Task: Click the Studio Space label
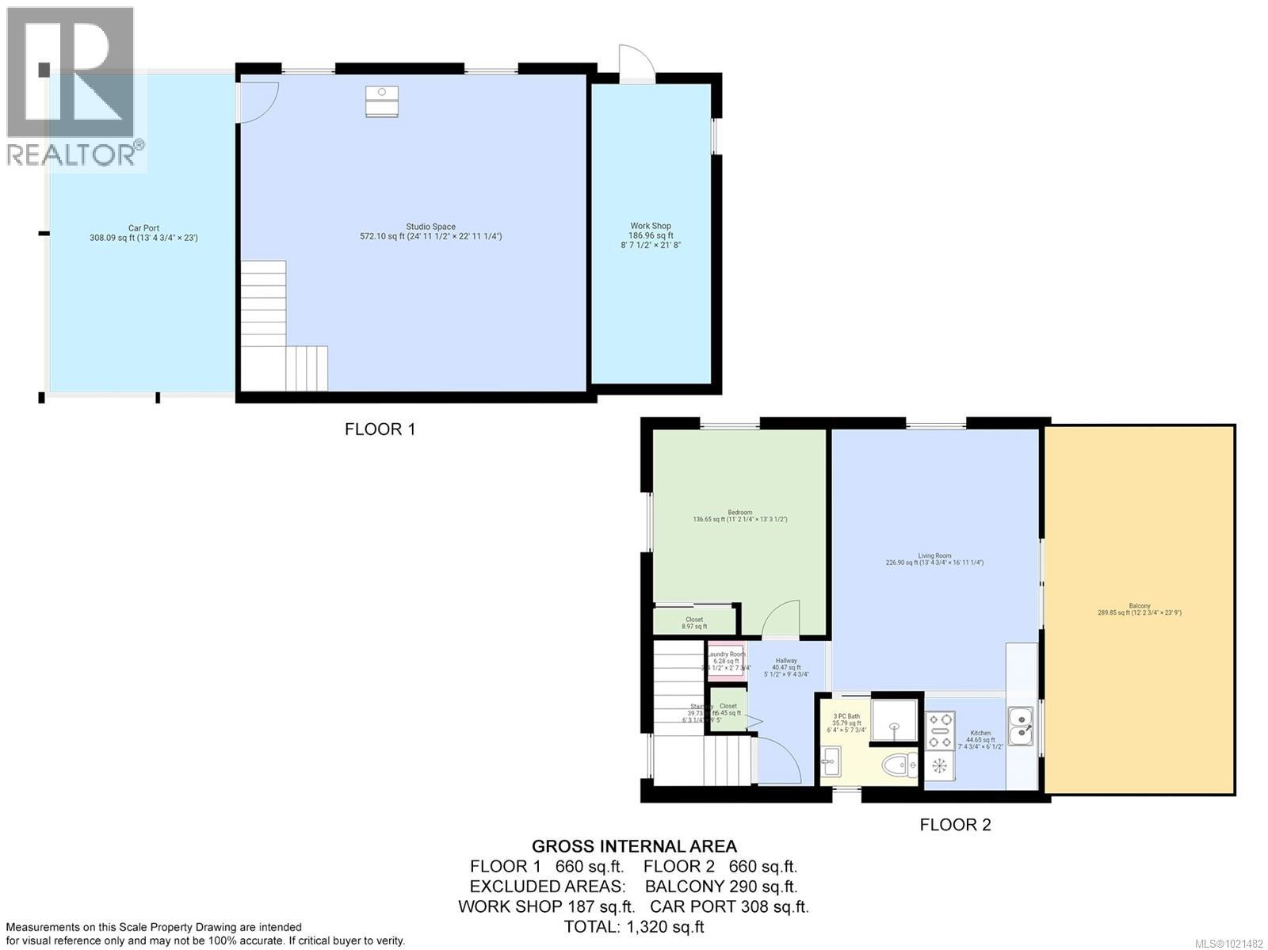pos(430,231)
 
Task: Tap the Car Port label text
pos(143,232)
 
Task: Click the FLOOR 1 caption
pos(380,429)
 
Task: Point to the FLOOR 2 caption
pos(955,825)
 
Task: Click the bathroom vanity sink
pos(831,765)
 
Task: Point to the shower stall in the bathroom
pos(894,720)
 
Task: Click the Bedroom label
pos(739,516)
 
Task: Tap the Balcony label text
pos(1139,609)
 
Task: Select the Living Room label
pos(934,559)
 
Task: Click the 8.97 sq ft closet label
pos(694,623)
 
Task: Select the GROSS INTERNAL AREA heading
pos(634,846)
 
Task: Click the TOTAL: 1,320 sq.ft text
pos(634,926)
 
